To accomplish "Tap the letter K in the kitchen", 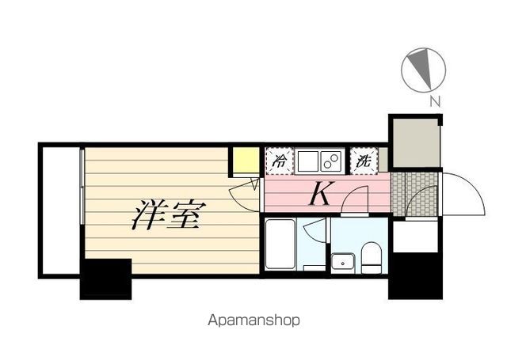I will coord(319,194).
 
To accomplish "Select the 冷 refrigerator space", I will coord(279,161).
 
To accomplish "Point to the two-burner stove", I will coord(330,161).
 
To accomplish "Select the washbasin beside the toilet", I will coord(344,260).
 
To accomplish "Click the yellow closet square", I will coord(245,161).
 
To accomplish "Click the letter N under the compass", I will coord(434,101).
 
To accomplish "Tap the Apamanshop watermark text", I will coord(254,321).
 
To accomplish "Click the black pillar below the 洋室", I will coord(105,279).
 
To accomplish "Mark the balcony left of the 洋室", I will coord(60,210).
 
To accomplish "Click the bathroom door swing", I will coord(315,232).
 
